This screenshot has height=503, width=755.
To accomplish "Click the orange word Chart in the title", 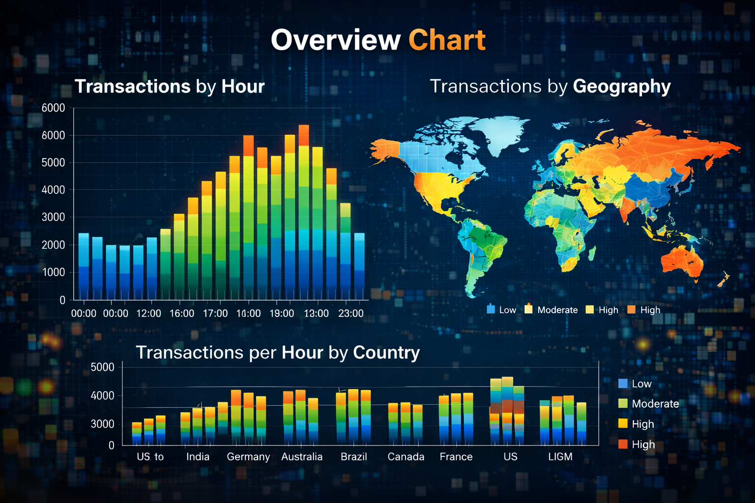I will (x=447, y=40).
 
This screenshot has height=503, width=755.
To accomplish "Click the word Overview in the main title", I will (x=336, y=40).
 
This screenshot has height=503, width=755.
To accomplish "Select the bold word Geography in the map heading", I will (x=621, y=86).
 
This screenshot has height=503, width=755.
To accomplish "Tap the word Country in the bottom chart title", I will (x=386, y=353).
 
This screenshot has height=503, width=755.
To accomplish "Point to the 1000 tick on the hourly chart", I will (x=53, y=272).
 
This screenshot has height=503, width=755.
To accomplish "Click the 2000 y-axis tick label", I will (x=53, y=245).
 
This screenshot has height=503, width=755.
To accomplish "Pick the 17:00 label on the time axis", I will (x=215, y=313).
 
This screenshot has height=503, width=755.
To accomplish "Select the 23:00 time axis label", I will (x=351, y=313).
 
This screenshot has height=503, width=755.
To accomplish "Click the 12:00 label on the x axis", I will (x=148, y=313).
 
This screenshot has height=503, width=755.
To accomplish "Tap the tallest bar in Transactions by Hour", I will (x=304, y=211).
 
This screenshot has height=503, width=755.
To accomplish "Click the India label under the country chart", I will (x=198, y=457).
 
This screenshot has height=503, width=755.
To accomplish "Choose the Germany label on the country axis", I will (x=248, y=457).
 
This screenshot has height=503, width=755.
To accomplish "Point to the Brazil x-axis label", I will (x=354, y=457).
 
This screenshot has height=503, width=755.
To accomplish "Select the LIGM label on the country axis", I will (x=560, y=457).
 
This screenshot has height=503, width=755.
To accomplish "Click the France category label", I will (x=456, y=457).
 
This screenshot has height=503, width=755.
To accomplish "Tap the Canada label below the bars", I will (x=406, y=457).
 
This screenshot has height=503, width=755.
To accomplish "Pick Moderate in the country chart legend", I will (x=655, y=404).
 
